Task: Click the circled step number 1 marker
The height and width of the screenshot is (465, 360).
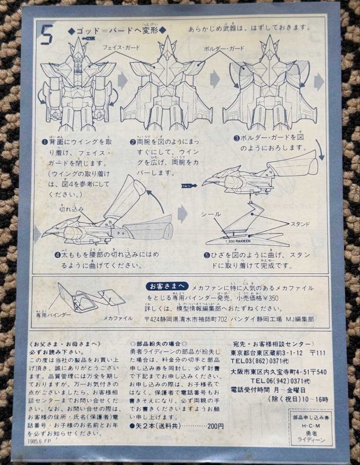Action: point(44,142)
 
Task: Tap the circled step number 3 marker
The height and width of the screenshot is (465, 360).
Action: point(236,138)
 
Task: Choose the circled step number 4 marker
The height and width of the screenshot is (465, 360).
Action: point(57,255)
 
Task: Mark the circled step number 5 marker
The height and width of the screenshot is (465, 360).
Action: point(207,255)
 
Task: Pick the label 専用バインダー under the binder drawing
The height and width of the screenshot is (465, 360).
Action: point(53,315)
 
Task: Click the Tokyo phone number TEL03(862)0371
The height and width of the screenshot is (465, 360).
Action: point(263,361)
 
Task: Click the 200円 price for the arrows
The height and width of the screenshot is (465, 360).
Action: point(215,426)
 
